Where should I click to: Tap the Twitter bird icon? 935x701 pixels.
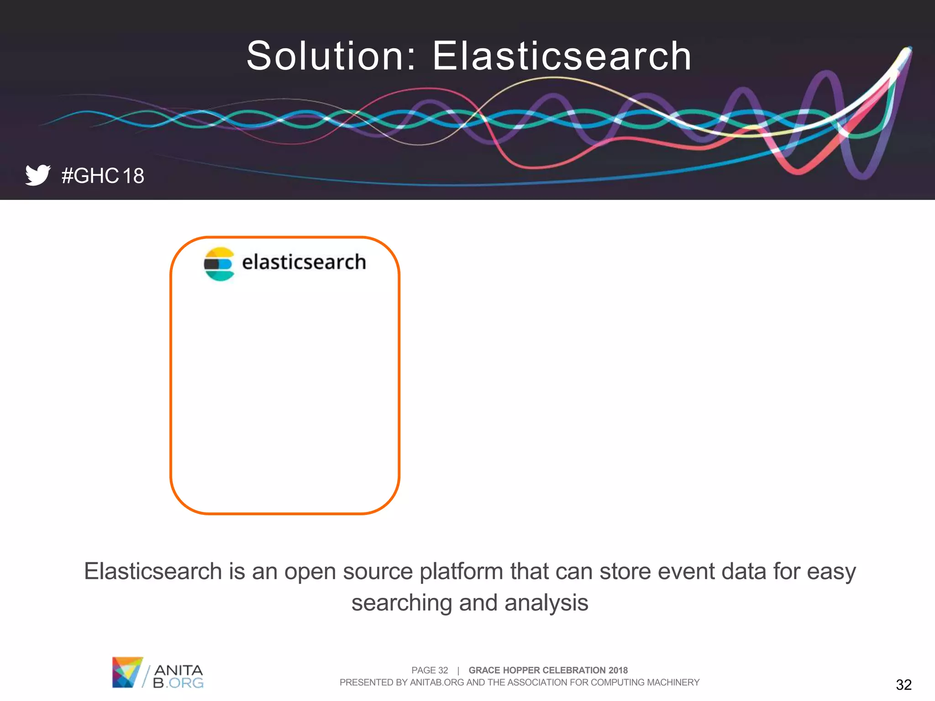point(37,175)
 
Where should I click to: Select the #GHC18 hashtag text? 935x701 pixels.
point(103,176)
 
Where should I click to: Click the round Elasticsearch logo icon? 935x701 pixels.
point(219,264)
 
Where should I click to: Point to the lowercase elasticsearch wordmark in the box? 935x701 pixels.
point(304,262)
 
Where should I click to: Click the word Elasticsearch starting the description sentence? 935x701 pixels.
point(153,571)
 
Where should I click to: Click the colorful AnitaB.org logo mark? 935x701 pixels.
point(126,672)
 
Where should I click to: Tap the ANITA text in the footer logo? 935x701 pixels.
point(179,670)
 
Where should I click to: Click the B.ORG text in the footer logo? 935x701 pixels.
point(178,683)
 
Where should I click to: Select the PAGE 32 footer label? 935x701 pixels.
point(429,670)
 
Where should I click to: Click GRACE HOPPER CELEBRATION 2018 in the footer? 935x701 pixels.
point(548,670)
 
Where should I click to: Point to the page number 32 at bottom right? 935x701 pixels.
point(903,685)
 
